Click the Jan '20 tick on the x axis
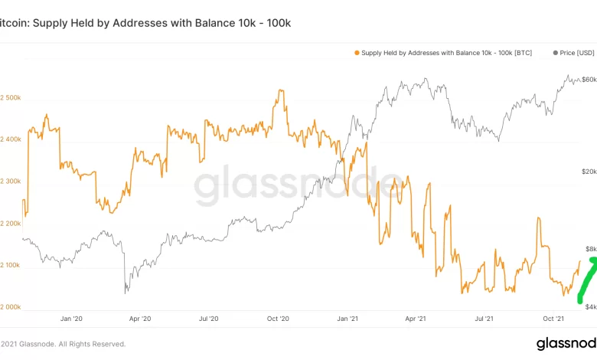[70, 319]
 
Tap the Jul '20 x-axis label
[209, 319]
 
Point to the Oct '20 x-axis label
[279, 319]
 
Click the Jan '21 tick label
[348, 319]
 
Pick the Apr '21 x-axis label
[416, 319]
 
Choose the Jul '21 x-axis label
[485, 319]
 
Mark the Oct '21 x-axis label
[554, 319]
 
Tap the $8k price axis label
[589, 249]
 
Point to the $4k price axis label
[589, 306]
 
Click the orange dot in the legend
[357, 53]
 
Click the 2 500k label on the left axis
[11, 97]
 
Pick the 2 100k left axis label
[11, 265]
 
